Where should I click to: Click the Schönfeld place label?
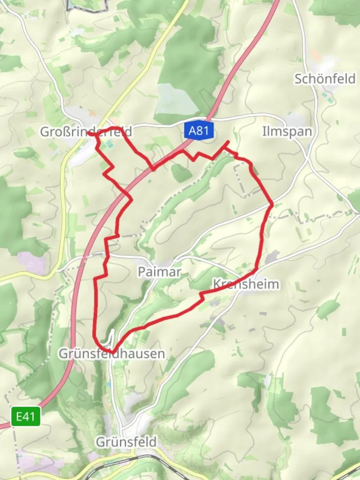pos(325,79)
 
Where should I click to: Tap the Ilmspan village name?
pos(287,132)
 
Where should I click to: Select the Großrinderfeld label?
pos(86,132)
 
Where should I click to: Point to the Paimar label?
pos(159,272)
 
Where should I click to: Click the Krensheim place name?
pos(246,284)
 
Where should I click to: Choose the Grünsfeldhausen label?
pos(112,354)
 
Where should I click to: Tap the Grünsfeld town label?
pos(126,442)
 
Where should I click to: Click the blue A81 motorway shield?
pos(198,131)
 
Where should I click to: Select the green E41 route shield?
pos(26,417)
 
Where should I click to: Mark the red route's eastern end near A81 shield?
pos(228,142)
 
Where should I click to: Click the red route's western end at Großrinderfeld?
pos(89,133)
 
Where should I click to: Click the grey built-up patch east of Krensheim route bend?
pos(272,257)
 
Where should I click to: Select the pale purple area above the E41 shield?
pos(31,262)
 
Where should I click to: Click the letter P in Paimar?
pos(141,272)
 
